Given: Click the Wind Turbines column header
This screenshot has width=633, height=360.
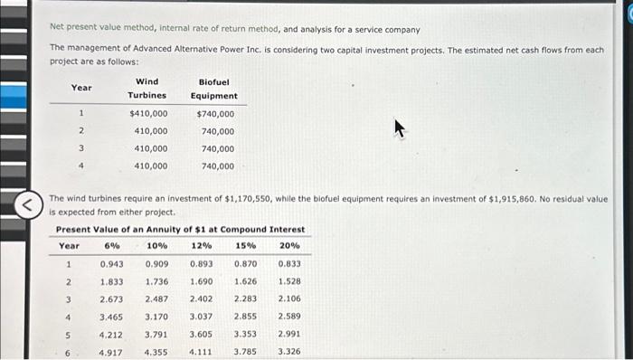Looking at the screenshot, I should pyautogui.click(x=146, y=89).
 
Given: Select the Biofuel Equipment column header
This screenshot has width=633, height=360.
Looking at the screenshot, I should pyautogui.click(x=214, y=89).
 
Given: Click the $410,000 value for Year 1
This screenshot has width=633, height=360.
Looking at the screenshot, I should pyautogui.click(x=148, y=114).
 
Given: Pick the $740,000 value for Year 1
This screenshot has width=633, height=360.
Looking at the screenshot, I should pyautogui.click(x=215, y=114).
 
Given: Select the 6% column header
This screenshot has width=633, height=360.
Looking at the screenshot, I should pyautogui.click(x=112, y=246).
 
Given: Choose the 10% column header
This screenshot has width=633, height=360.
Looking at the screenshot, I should pyautogui.click(x=156, y=246).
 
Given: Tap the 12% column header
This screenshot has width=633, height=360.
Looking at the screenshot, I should pyautogui.click(x=202, y=246).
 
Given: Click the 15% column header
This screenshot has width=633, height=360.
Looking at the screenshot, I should pyautogui.click(x=245, y=246).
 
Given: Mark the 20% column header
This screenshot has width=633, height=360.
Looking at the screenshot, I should pyautogui.click(x=289, y=246).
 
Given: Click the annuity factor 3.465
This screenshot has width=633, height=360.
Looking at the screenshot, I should pyautogui.click(x=112, y=317).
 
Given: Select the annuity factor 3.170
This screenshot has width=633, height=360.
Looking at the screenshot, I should pyautogui.click(x=156, y=317).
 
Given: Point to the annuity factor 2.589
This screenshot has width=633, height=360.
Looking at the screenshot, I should pyautogui.click(x=289, y=317).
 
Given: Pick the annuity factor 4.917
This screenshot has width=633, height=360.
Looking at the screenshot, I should pyautogui.click(x=112, y=352).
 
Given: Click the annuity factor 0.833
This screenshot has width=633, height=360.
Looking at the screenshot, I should pyautogui.click(x=289, y=264).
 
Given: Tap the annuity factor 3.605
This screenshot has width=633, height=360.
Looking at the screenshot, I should pyautogui.click(x=202, y=334).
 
